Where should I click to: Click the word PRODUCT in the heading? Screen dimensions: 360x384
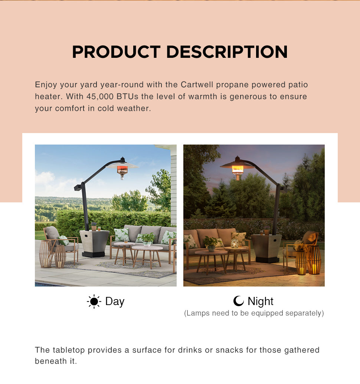point(116,52)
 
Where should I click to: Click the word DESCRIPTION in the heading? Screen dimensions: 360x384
point(227,52)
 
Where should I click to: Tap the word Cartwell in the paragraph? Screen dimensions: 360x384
point(197,85)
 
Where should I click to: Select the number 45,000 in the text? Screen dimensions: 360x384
point(100,96)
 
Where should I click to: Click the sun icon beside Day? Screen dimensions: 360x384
point(94,301)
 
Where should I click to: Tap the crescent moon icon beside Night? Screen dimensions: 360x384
point(238,301)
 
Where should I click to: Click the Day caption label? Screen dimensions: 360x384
point(115,302)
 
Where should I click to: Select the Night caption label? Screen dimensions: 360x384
point(261,301)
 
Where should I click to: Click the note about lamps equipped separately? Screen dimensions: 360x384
point(254,313)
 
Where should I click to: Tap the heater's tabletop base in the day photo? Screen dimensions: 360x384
point(94,244)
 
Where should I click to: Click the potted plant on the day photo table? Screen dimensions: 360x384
point(147,239)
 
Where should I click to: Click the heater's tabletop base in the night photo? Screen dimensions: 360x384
point(266,248)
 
